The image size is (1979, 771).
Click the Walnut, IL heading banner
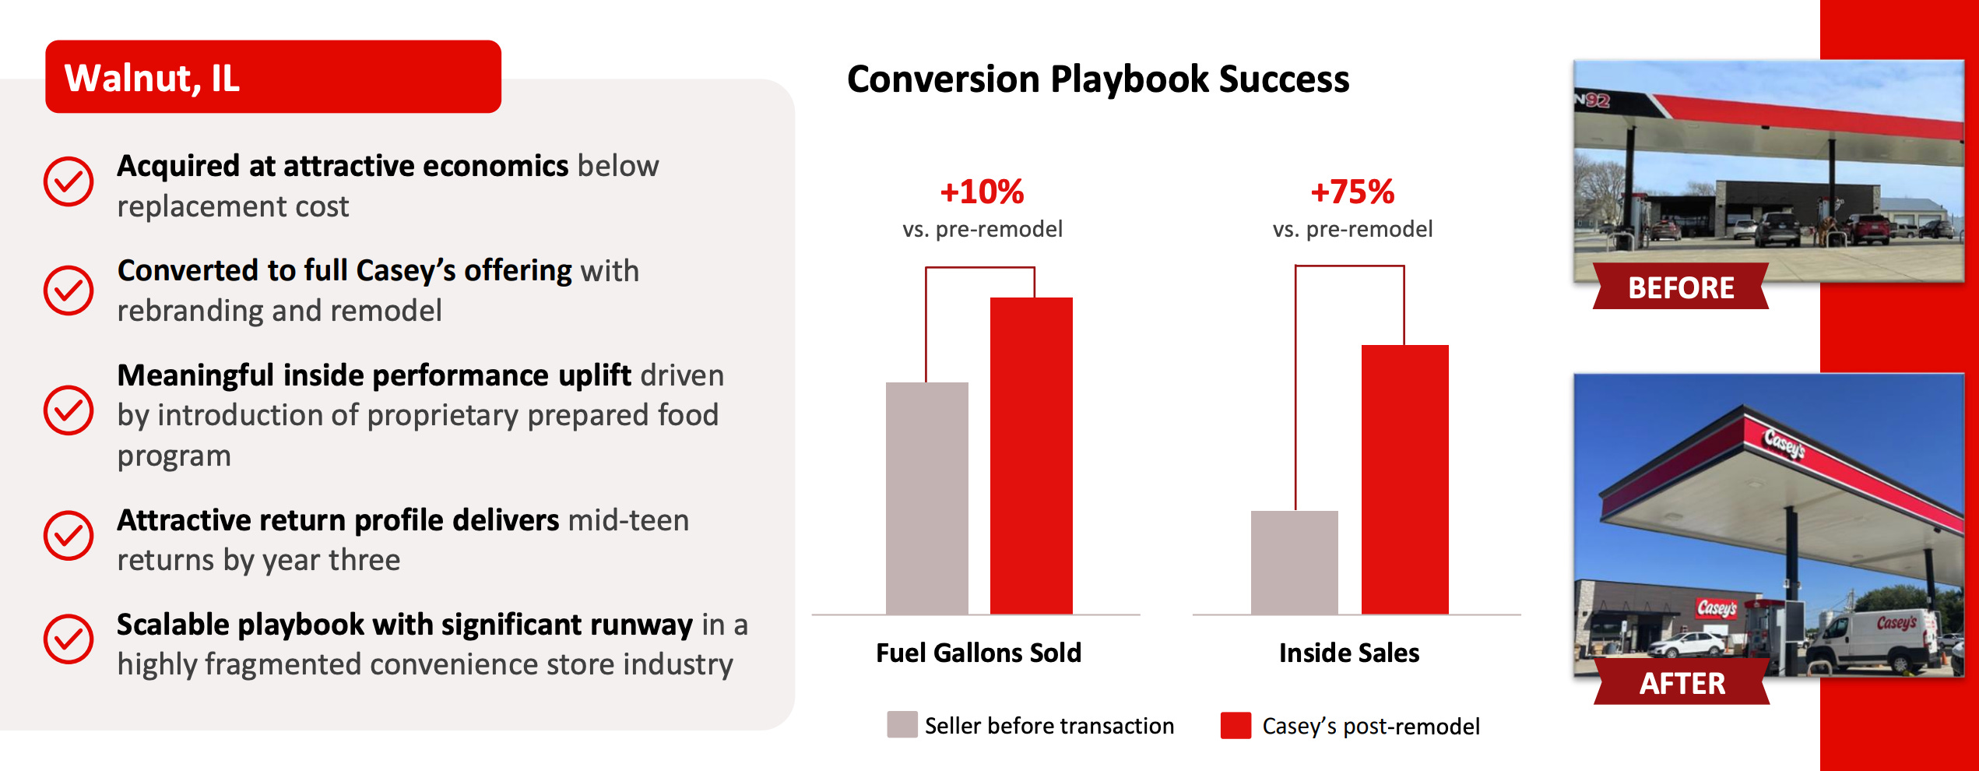click(273, 76)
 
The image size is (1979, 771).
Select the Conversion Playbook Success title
click(1098, 79)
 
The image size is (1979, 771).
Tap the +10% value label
click(982, 192)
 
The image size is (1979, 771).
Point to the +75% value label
click(1352, 192)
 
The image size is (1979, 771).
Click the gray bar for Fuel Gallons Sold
click(926, 498)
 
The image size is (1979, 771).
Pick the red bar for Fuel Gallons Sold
click(1031, 456)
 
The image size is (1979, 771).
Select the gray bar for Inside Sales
click(1294, 562)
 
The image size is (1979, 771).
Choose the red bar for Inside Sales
click(1404, 479)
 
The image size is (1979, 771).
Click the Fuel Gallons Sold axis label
click(979, 653)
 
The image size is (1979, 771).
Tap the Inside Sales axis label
click(1349, 653)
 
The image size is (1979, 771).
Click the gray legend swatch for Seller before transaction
click(902, 724)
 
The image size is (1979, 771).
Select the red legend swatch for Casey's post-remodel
click(1236, 725)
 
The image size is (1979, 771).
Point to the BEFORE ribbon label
click(1681, 287)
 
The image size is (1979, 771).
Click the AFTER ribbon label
click(1682, 682)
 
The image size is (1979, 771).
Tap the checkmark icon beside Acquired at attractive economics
click(69, 181)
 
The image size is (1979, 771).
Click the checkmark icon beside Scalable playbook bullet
click(69, 639)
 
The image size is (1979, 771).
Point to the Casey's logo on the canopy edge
click(1784, 443)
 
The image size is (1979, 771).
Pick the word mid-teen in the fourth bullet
click(629, 520)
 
